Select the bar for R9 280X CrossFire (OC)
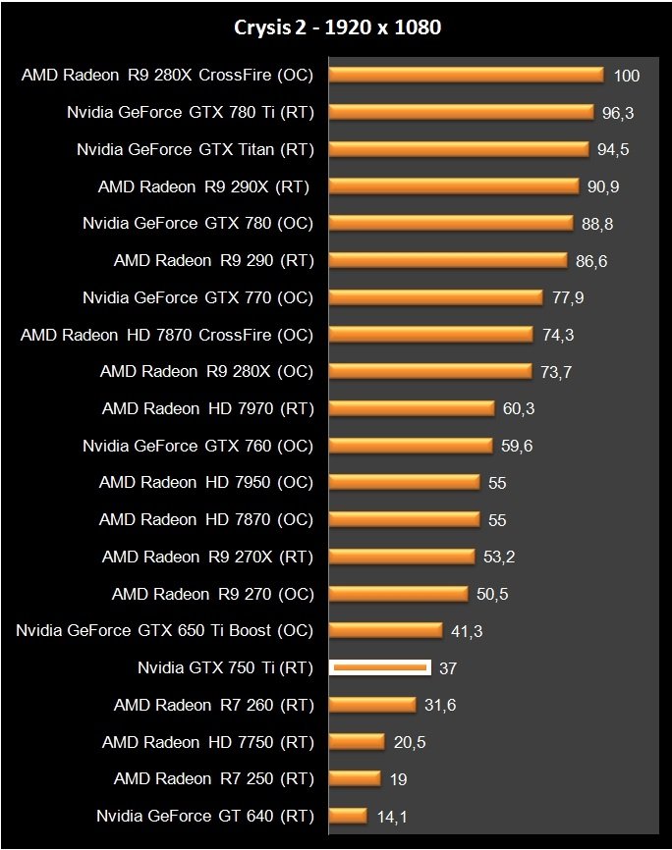(466, 75)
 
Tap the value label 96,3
(618, 113)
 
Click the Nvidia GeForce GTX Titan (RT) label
(196, 149)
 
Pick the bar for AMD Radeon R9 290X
(453, 186)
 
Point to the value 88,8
(597, 224)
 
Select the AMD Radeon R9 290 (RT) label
(213, 260)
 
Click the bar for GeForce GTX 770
(436, 296)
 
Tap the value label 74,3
(558, 335)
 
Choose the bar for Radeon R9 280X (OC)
(430, 371)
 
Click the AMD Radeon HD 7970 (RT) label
(208, 408)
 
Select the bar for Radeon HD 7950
(405, 482)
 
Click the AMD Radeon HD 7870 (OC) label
(206, 519)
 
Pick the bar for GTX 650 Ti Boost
(386, 630)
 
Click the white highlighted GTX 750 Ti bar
(380, 667)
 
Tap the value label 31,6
(440, 705)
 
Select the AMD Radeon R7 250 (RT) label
(213, 778)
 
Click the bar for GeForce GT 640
(348, 815)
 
